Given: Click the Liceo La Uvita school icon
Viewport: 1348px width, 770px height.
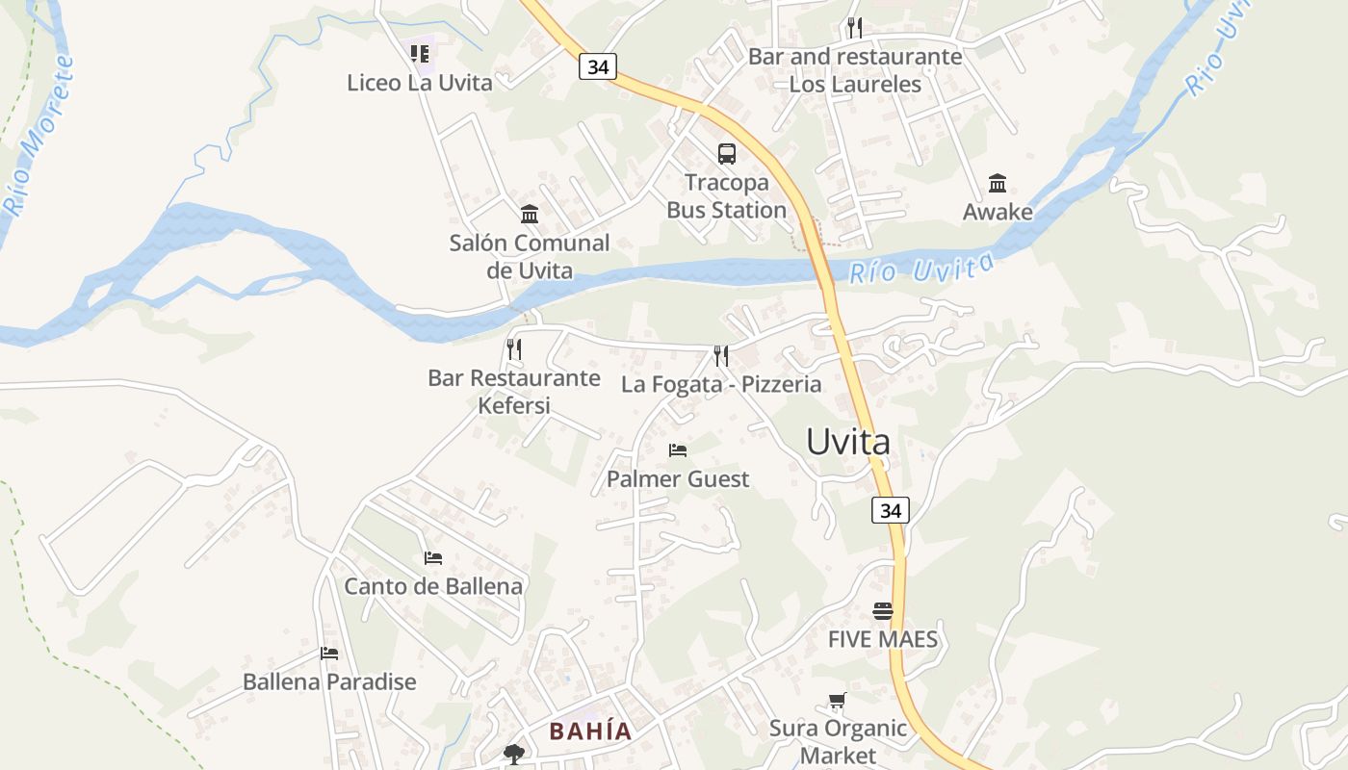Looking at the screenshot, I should pyautogui.click(x=420, y=54).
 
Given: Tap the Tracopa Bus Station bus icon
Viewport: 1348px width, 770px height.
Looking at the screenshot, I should pyautogui.click(x=727, y=153).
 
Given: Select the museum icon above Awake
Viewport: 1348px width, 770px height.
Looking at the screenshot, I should pyautogui.click(x=998, y=183).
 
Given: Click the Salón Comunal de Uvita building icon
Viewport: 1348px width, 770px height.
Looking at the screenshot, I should pyautogui.click(x=530, y=214).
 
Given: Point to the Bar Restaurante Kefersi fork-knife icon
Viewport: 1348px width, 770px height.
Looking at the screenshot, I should pyautogui.click(x=514, y=348).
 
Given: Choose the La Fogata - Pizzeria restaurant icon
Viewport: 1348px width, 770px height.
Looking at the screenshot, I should pyautogui.click(x=721, y=355).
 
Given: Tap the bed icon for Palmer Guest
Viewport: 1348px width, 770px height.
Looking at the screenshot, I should pyautogui.click(x=678, y=449).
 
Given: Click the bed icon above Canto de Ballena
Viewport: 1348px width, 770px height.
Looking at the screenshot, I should pyautogui.click(x=433, y=557).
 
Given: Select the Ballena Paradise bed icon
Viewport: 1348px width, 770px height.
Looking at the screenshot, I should pyautogui.click(x=329, y=654).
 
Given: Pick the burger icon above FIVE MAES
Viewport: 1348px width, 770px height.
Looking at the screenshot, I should pyautogui.click(x=883, y=611).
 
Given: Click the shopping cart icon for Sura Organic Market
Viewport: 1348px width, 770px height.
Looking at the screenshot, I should pyautogui.click(x=838, y=701).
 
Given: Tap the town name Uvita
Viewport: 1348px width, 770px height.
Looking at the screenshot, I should pyautogui.click(x=848, y=442).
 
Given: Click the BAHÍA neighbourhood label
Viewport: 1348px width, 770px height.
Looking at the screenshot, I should pyautogui.click(x=590, y=731).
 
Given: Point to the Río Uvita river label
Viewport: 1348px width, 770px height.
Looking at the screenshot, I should pyautogui.click(x=921, y=269).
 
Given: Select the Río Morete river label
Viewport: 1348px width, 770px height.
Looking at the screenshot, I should pyautogui.click(x=39, y=135).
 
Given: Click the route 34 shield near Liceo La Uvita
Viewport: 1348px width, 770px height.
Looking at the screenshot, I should pyautogui.click(x=598, y=66).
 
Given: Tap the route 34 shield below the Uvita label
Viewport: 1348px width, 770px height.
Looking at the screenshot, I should pyautogui.click(x=891, y=510).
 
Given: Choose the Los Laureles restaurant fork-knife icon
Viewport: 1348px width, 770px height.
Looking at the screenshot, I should pyautogui.click(x=855, y=28).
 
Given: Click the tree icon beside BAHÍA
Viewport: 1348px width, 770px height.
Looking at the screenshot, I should pyautogui.click(x=514, y=754).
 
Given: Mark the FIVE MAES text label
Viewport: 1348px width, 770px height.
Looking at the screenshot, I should pyautogui.click(x=883, y=639).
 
